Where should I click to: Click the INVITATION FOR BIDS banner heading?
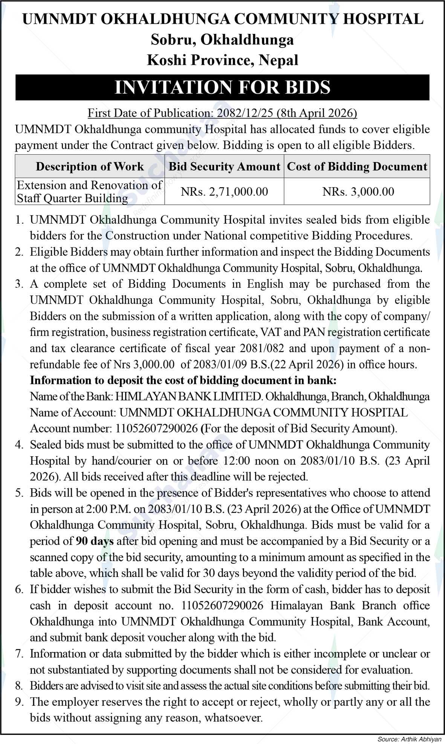point(222,87)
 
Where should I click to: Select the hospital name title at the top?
point(222,19)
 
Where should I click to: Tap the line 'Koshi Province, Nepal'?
point(222,60)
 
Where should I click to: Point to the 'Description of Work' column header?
point(90,166)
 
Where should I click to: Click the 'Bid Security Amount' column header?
point(224,166)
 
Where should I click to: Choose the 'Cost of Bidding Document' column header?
point(357,166)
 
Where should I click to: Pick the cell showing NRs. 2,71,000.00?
point(224,192)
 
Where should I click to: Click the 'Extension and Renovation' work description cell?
point(90,192)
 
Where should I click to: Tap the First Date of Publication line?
point(222,113)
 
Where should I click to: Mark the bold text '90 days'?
point(95,541)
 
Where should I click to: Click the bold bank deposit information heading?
point(183,380)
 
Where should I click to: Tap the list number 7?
point(20,653)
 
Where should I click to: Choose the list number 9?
point(20,702)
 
